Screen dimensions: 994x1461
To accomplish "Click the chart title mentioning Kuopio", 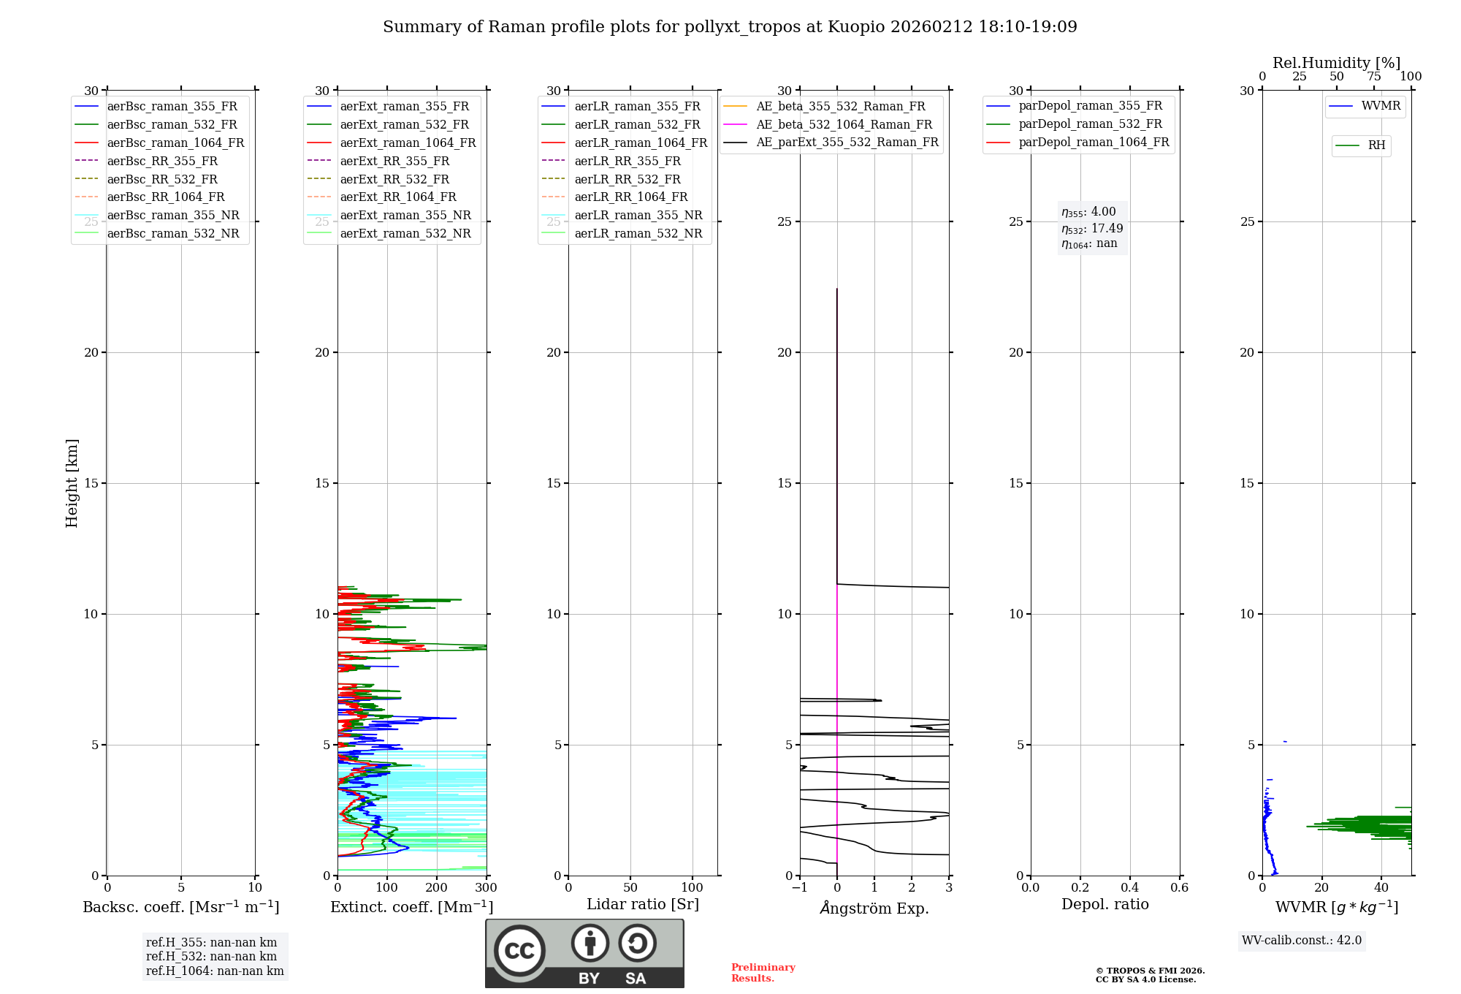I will click(x=730, y=27).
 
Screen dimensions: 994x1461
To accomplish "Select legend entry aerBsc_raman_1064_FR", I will click(x=175, y=143).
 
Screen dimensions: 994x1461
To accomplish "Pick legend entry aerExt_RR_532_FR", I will click(x=394, y=179).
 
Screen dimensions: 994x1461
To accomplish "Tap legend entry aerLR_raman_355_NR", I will click(x=638, y=215).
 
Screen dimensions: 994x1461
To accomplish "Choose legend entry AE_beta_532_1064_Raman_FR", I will click(x=844, y=124).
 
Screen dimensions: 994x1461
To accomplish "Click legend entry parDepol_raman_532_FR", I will click(x=1090, y=124).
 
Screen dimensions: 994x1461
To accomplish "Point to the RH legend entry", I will click(x=1376, y=145).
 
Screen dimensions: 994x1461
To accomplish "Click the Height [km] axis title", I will click(x=72, y=482).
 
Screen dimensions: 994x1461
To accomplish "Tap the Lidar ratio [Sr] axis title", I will click(x=643, y=904).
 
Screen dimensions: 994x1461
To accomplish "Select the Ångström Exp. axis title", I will click(x=874, y=908).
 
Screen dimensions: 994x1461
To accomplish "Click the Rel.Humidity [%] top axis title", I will click(x=1336, y=63).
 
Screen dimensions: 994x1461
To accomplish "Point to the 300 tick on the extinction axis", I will click(x=486, y=888).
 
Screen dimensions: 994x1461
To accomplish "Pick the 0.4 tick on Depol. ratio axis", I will click(x=1130, y=888).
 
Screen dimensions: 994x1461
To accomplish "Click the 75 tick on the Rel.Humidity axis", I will click(x=1374, y=77).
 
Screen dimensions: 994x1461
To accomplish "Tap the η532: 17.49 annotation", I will click(x=1092, y=228).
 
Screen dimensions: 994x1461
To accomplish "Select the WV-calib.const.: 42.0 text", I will click(x=1302, y=940).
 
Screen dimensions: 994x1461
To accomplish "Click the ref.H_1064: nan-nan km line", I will click(x=215, y=971).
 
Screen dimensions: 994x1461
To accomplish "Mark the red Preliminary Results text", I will click(x=763, y=973).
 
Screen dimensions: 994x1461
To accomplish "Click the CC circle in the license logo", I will click(x=519, y=950).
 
